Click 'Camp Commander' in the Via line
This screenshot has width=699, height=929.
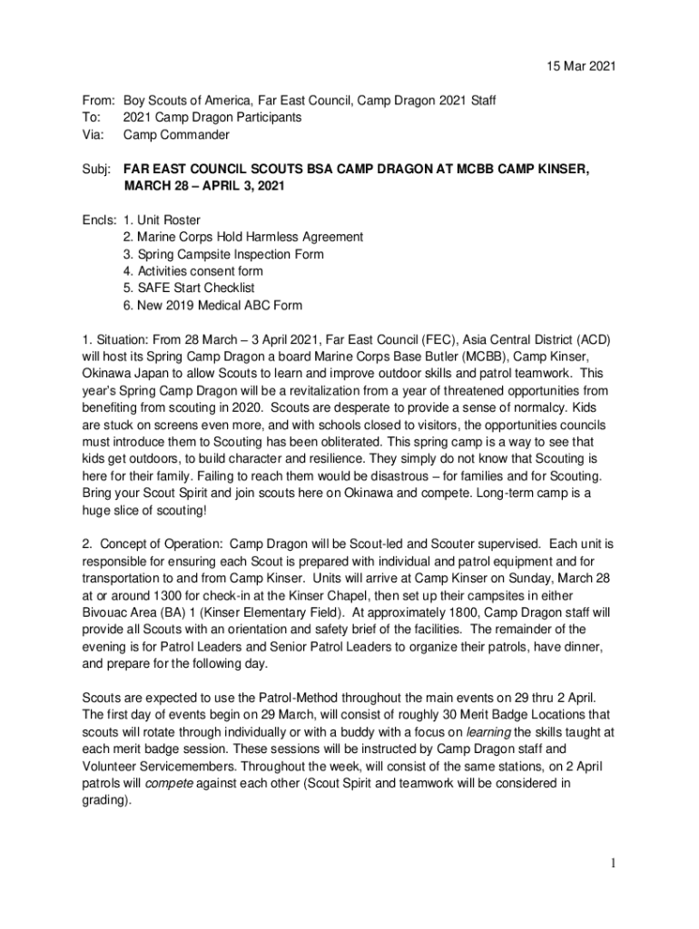coord(176,135)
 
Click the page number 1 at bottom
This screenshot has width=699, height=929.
coord(614,863)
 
